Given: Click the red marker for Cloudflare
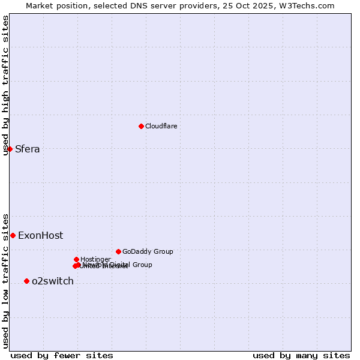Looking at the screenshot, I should point(141,126).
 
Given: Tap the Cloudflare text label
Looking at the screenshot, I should point(161,126).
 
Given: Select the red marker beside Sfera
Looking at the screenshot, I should point(10,149).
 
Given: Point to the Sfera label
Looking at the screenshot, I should point(27,149).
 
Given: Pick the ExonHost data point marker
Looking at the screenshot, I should point(13,235).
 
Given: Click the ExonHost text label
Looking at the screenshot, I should point(40,236).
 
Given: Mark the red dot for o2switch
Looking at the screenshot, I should point(26,281).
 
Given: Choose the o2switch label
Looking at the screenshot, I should point(52,281).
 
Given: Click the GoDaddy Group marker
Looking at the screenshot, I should point(118,251).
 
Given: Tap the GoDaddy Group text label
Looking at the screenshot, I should point(147,251).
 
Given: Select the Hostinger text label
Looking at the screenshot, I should point(95,259).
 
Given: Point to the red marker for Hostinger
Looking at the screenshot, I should point(76,259).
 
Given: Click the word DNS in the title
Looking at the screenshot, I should point(139,5).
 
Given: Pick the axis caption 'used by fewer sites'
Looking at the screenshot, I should point(62,355).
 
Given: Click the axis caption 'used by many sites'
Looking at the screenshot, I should point(301,355).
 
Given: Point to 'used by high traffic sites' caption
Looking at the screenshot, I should point(5,85).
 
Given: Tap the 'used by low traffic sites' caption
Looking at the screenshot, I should point(5,280).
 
